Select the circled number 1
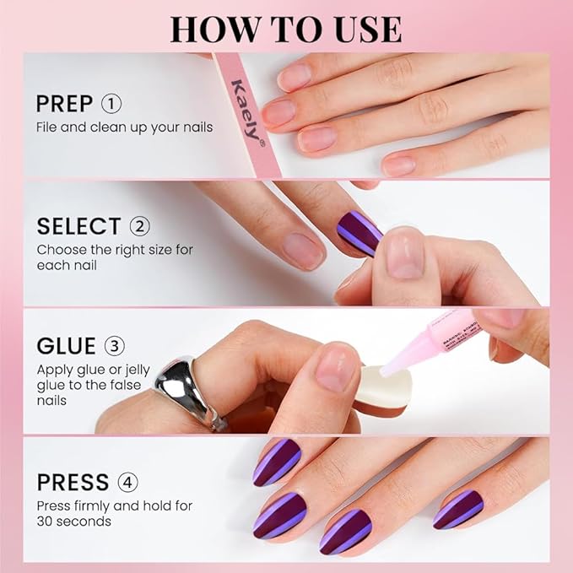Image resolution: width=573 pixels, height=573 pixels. (111, 104)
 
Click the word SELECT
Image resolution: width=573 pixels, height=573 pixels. (78, 226)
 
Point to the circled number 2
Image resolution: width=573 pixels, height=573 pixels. (139, 226)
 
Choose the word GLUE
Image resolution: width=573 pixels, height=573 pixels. (66, 347)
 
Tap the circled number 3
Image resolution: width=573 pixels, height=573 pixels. (113, 347)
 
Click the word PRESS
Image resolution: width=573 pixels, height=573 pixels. (73, 482)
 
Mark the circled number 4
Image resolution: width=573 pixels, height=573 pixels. (127, 482)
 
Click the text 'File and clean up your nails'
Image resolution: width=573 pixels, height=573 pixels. (124, 127)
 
